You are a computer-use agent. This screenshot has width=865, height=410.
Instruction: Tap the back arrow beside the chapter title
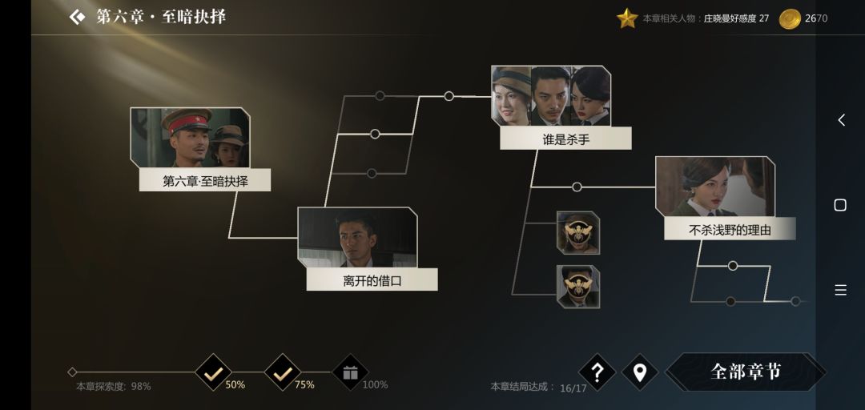pos(77,17)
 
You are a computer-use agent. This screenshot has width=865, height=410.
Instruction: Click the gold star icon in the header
pos(627,18)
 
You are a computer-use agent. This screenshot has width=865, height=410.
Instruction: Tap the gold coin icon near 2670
pos(790,18)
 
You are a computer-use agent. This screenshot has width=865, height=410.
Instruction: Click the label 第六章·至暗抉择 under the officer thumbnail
pos(205,181)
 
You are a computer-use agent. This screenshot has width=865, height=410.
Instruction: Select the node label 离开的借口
pos(372,281)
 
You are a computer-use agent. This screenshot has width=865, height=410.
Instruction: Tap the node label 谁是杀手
pos(566,139)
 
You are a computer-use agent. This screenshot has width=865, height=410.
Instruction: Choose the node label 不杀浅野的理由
pos(730,230)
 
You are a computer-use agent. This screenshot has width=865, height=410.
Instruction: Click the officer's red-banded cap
pos(187,119)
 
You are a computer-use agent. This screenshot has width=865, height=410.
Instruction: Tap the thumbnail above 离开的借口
pos(357,237)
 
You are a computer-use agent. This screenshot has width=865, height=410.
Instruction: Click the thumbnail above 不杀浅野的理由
pos(715,187)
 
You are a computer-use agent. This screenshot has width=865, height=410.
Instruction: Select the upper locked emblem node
pos(578,233)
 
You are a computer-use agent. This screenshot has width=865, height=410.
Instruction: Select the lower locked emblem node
pos(578,287)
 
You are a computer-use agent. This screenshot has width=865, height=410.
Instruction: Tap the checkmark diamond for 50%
pos(213,372)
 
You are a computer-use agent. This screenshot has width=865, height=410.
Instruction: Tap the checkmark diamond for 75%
pos(283,372)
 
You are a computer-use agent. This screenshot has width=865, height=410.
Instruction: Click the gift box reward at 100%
pos(350,372)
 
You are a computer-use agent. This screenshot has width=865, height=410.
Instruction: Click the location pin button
pos(640,372)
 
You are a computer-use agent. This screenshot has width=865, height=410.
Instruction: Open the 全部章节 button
pos(746,372)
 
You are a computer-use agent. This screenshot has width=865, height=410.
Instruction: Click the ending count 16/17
pos(573,388)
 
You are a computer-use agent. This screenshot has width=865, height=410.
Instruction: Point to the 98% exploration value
pos(141,386)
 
